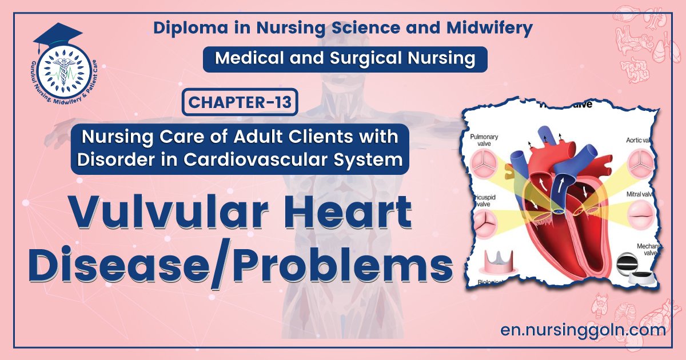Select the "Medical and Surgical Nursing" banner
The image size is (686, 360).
tap(345, 59)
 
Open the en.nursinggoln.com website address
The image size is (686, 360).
tap(583, 330)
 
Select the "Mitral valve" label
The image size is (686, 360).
tap(640, 193)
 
